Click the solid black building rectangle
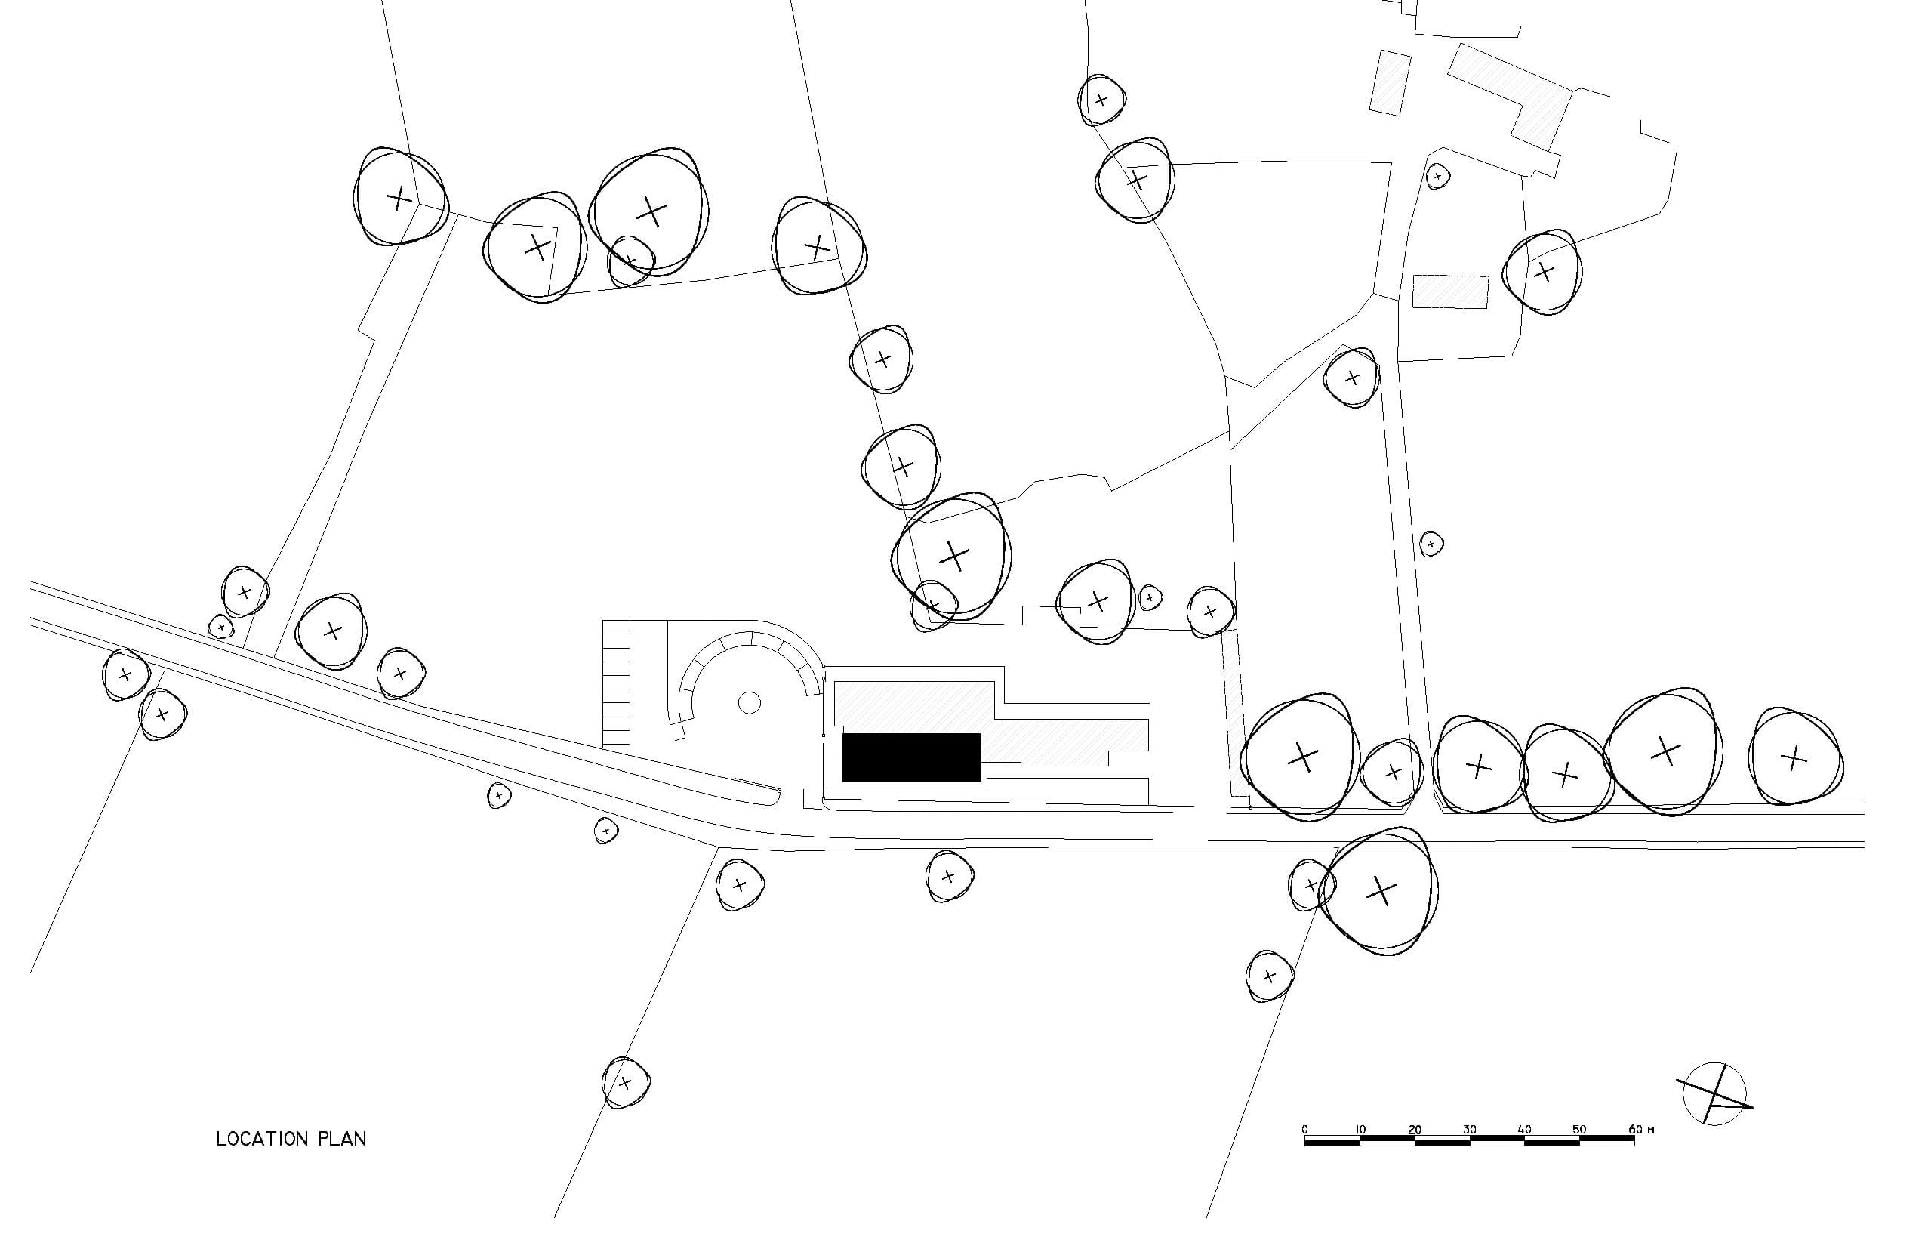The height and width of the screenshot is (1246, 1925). (x=912, y=757)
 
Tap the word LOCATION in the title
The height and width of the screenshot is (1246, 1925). (x=263, y=1140)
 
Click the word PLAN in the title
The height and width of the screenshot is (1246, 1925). (x=342, y=1140)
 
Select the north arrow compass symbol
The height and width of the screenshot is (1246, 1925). (x=1714, y=1095)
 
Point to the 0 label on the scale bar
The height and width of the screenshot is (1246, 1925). (x=1304, y=1130)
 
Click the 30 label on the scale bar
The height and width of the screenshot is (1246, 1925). (x=1470, y=1130)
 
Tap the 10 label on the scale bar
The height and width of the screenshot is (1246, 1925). (x=1360, y=1130)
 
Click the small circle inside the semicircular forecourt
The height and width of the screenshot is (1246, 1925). (x=750, y=703)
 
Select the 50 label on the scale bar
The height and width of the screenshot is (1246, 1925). (x=1578, y=1130)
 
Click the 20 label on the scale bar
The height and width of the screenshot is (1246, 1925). (x=1415, y=1130)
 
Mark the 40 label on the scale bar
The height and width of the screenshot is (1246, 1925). (x=1525, y=1130)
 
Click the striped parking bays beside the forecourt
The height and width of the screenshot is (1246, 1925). (x=616, y=683)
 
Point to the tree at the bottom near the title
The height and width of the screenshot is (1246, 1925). (x=625, y=1083)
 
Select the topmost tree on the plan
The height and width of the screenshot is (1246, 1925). (x=1101, y=100)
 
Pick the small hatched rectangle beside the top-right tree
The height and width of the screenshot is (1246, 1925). (x=1450, y=291)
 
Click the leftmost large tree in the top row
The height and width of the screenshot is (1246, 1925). (x=399, y=196)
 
